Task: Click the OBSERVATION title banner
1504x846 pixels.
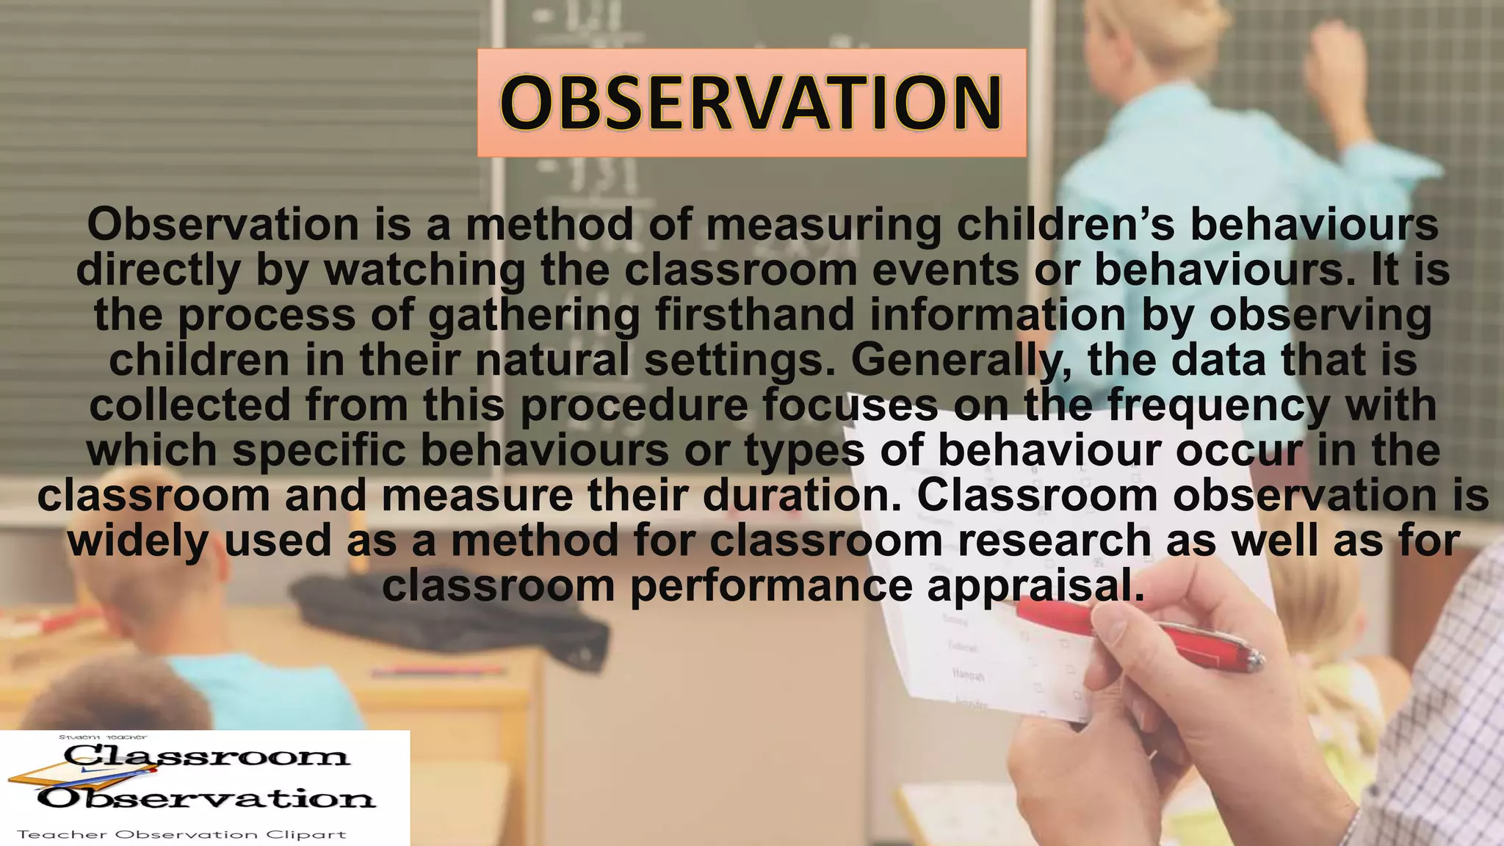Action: click(x=751, y=103)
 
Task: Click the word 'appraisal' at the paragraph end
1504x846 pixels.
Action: click(x=1035, y=586)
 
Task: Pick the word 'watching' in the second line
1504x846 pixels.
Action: click(x=425, y=270)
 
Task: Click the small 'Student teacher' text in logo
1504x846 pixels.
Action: click(x=103, y=737)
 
